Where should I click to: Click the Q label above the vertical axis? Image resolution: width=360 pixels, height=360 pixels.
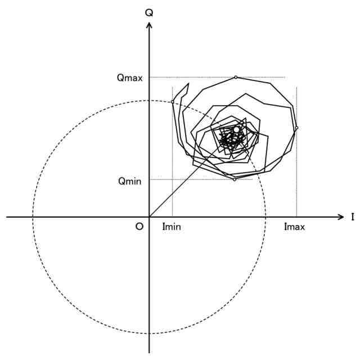point(149,11)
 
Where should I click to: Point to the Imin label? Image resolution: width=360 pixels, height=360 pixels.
point(172,227)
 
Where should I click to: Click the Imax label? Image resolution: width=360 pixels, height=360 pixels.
point(294,227)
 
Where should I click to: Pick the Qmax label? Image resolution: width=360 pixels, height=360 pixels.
point(129,78)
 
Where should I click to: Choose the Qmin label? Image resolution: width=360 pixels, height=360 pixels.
point(129,181)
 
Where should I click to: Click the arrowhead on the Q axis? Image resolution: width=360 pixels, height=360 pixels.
point(149,25)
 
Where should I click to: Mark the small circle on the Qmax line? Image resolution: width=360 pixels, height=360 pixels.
point(236,77)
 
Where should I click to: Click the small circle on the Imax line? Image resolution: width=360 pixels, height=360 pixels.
point(296,128)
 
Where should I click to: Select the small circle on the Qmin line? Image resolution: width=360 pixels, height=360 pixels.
point(235,179)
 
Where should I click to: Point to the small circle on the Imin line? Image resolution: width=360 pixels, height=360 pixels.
point(172,102)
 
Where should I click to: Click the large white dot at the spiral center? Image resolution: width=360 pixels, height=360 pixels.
point(236,130)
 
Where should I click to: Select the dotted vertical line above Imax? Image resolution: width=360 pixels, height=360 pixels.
point(296,186)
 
